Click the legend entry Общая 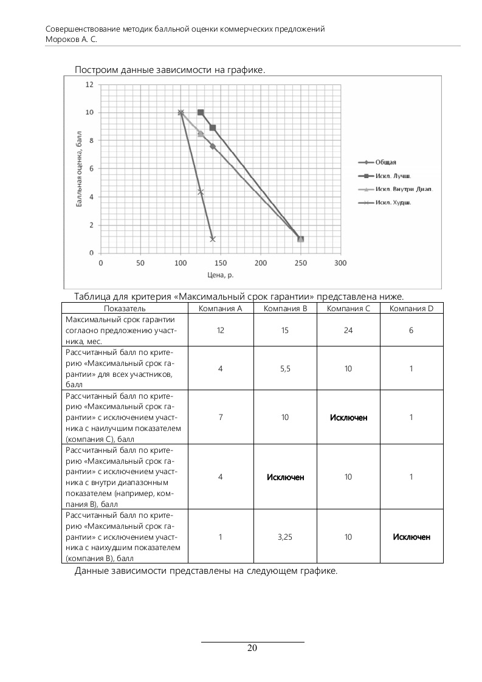pos(385,162)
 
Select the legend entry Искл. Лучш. pos(392,176)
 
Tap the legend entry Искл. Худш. pos(393,202)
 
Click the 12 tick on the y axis pos(89,84)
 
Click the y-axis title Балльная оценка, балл pos(79,173)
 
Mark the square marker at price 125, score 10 pos(201,112)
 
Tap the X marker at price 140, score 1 pos(213,239)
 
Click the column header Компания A pos(220,308)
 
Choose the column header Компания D pos(411,308)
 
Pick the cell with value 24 pos(348,329)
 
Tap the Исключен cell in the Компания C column pos(348,418)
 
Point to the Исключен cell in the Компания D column pos(411,537)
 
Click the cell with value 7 pos(220,418)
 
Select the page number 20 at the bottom pos(252,648)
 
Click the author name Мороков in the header pos(63,38)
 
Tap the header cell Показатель pos(125,308)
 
